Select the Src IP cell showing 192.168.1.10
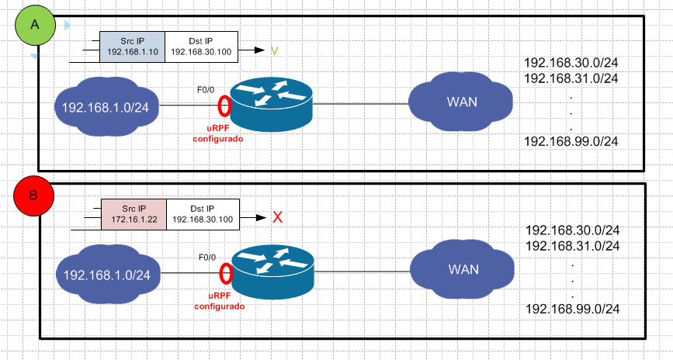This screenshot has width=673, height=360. (132, 46)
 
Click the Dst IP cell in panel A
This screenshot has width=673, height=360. (202, 46)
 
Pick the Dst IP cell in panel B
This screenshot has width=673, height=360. (203, 214)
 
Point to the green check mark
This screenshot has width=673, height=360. (274, 50)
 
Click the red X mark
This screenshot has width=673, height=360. (276, 218)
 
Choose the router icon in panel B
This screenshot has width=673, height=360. (272, 272)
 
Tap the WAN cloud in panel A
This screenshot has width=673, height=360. (461, 102)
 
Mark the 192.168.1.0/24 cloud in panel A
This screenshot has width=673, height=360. (105, 106)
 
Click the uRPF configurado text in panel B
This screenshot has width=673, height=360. (219, 301)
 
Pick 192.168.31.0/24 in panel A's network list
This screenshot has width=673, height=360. (571, 78)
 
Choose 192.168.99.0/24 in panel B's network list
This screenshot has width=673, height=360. (572, 309)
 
